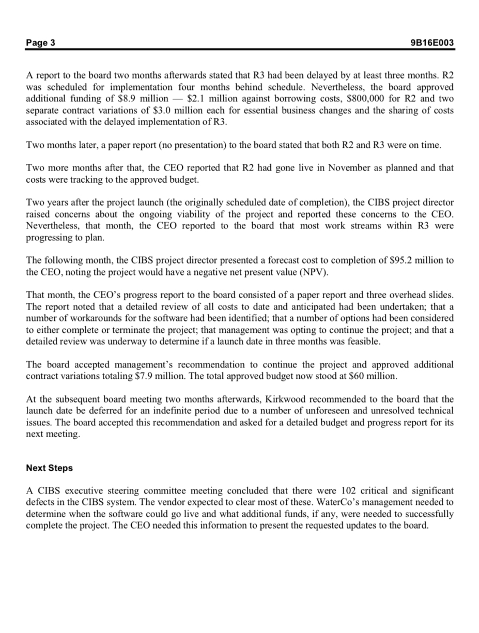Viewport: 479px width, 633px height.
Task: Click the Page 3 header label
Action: (x=41, y=42)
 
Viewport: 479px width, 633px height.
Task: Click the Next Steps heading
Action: (x=49, y=468)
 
